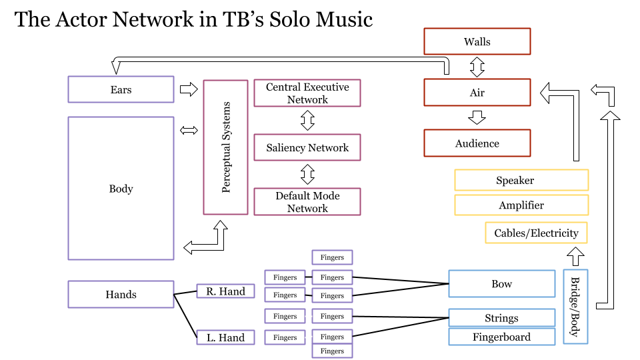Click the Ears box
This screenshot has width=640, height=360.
coord(121,89)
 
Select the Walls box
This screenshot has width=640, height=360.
coord(477,41)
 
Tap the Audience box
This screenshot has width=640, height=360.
coord(477,143)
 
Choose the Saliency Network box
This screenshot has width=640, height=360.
coord(307,147)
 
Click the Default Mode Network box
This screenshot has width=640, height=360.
coord(307,202)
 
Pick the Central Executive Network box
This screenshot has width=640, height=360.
coord(307,93)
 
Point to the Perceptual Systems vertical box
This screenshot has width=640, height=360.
coord(225,147)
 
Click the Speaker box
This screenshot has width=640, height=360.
coord(521,180)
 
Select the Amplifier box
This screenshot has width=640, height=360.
coord(521,205)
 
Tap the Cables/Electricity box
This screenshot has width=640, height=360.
coord(536,233)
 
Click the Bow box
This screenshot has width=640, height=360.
coord(501,283)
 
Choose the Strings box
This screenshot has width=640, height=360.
coord(501,318)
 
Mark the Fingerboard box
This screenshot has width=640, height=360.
coord(501,337)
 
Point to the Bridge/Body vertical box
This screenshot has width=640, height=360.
coord(575,307)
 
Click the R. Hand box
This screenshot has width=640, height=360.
coord(225,291)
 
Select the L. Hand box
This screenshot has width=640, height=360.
coord(225,337)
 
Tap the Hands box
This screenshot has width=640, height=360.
coord(121,294)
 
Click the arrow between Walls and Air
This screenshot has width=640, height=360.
coord(477,67)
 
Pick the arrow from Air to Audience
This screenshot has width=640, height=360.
coord(477,118)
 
